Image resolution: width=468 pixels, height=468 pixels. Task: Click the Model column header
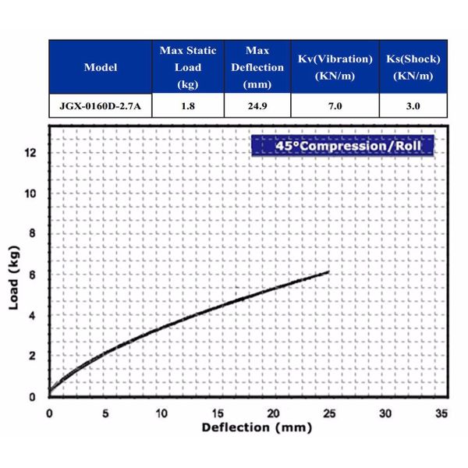click(101, 67)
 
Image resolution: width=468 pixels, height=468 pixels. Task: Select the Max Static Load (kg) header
click(187, 67)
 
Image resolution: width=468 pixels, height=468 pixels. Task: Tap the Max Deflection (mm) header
click(257, 67)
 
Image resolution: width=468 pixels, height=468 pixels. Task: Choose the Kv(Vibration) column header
click(335, 67)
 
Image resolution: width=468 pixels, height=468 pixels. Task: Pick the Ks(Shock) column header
click(413, 67)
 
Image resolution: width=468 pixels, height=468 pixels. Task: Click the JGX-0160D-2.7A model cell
click(101, 106)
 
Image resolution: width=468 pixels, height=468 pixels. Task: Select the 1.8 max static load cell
click(187, 106)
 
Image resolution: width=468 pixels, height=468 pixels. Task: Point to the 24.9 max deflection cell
click(257, 106)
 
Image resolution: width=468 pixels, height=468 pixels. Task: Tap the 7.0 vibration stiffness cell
click(335, 106)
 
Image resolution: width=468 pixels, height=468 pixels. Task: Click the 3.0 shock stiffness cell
click(413, 106)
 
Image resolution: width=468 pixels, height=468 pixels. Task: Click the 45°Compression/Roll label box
click(342, 146)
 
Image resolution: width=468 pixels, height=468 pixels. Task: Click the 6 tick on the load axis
click(32, 275)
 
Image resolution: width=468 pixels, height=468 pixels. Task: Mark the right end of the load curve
click(329, 271)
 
